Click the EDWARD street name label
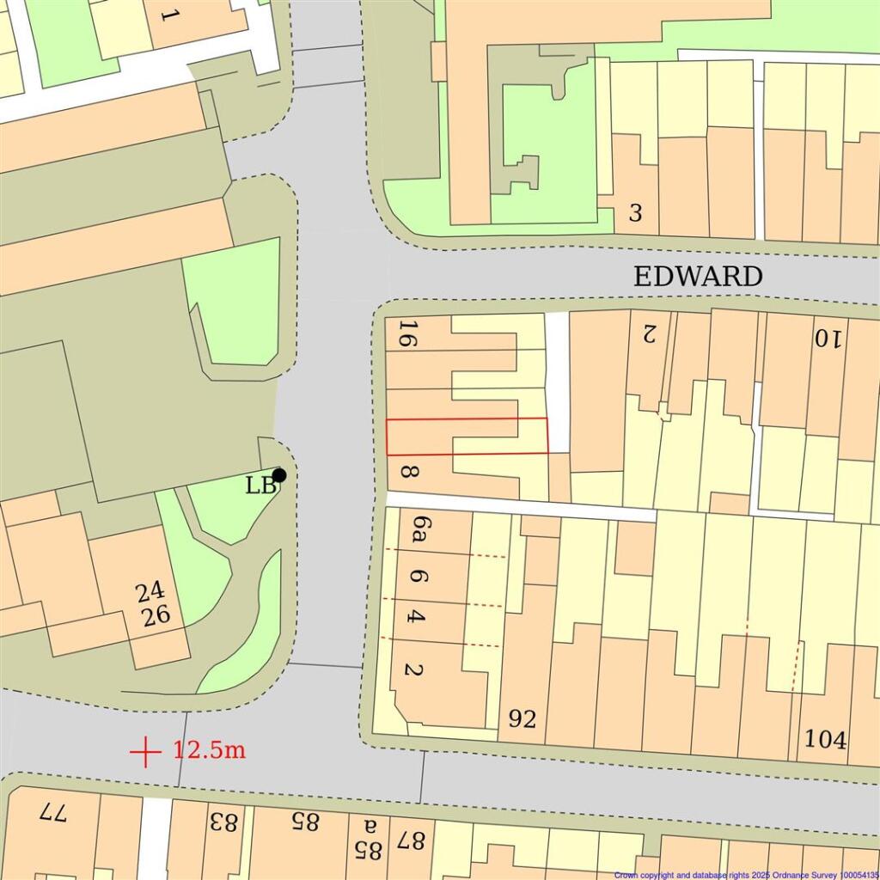698,277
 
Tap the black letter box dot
279,475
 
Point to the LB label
260,486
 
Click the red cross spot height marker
146,751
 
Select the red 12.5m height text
210,749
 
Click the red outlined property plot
467,437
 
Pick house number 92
522,718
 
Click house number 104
825,738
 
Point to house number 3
635,212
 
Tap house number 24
150,592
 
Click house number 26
156,615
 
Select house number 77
52,812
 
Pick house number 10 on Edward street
825,339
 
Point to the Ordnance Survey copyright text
746,875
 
